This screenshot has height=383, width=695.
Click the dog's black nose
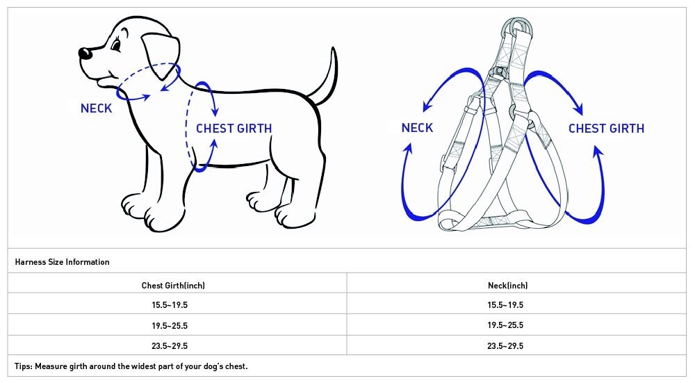point(85,54)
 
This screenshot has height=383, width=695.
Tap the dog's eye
point(116,44)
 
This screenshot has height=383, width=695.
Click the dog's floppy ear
point(161,56)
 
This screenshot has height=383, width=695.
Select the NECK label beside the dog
point(96,108)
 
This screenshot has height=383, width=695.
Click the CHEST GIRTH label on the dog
point(234,129)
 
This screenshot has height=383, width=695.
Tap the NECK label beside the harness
point(417,128)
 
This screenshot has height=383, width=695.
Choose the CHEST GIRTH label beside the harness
point(606,129)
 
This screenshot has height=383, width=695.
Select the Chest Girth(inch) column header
point(173,286)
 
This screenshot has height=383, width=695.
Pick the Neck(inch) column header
point(507,286)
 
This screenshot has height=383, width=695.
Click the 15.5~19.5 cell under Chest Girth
point(170,305)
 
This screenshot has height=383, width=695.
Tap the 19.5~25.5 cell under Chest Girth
point(170,326)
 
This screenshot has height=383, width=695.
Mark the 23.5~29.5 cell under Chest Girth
point(170,345)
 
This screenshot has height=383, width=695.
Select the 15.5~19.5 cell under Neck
point(505,305)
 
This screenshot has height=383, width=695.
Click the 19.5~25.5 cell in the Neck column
point(505,325)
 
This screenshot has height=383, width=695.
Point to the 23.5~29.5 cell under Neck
point(505,345)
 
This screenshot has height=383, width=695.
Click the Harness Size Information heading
point(62,262)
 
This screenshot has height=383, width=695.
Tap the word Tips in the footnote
point(23,366)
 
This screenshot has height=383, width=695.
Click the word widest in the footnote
point(145,366)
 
